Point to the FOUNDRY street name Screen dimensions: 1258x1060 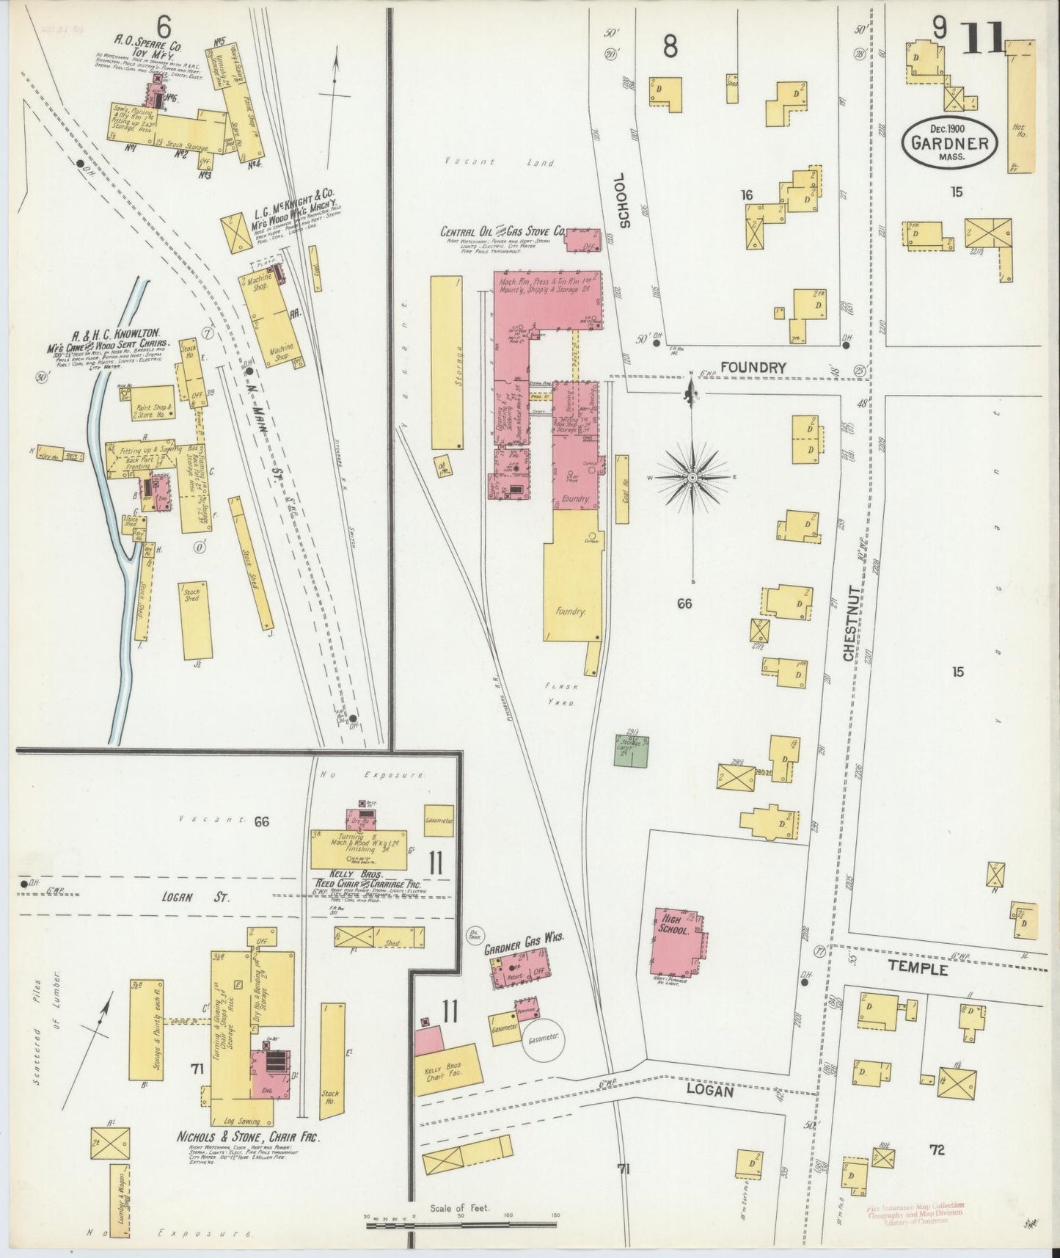[x=753, y=367]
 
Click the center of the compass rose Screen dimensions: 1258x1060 [x=692, y=477]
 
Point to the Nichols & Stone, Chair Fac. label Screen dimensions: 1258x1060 [x=249, y=1157]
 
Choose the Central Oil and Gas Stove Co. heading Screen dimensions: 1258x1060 [x=502, y=232]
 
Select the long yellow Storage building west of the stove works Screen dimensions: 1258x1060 [x=447, y=363]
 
